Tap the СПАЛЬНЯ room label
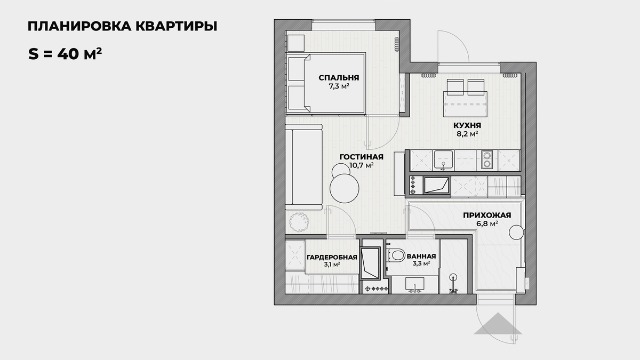pyautogui.click(x=339, y=77)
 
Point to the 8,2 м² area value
pyautogui.click(x=466, y=134)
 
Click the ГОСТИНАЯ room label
pyautogui.click(x=362, y=157)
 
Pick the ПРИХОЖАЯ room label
pyautogui.click(x=487, y=215)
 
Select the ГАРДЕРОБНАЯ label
pyautogui.click(x=331, y=257)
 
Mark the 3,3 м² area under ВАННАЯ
pyautogui.click(x=421, y=263)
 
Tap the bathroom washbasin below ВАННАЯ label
pyautogui.click(x=415, y=284)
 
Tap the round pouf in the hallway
pyautogui.click(x=516, y=232)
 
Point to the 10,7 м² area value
pyautogui.click(x=362, y=165)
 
